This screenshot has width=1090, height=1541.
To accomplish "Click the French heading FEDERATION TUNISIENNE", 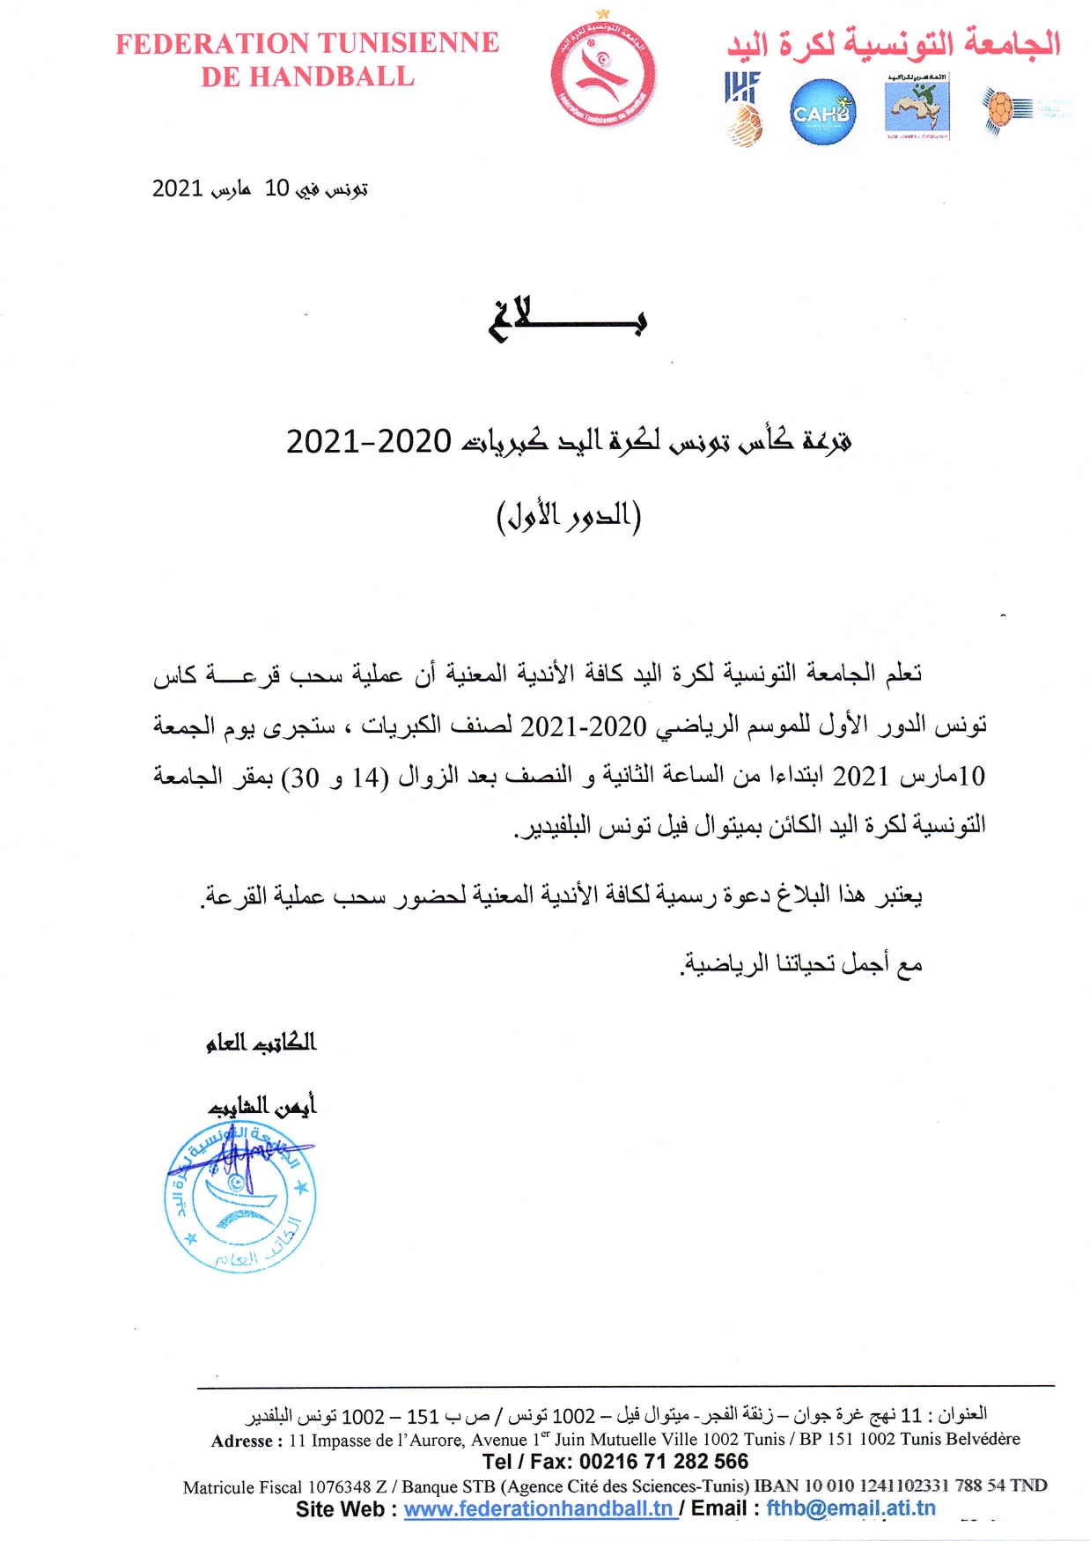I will [307, 43].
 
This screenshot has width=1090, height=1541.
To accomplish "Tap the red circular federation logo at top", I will [603, 74].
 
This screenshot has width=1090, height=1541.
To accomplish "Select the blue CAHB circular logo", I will [822, 113].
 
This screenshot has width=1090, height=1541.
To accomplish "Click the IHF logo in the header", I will [742, 107].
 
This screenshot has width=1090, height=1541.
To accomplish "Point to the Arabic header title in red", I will [893, 43].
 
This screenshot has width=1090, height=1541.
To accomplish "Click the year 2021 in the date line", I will [178, 188].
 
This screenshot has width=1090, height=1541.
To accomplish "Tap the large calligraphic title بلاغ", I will [568, 319].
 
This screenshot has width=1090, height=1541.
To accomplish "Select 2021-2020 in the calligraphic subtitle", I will [369, 441].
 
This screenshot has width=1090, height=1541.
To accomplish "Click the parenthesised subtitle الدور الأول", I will [569, 516].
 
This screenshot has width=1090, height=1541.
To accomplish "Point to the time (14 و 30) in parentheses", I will [335, 778].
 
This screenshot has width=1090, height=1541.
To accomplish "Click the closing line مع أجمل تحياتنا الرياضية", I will [801, 964].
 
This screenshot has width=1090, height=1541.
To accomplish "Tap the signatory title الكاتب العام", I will [261, 1043].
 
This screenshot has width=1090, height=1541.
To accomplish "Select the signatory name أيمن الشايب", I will [262, 1106].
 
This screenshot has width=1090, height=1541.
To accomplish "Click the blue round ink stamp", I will [240, 1198].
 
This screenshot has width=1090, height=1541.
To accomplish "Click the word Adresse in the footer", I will [246, 1441].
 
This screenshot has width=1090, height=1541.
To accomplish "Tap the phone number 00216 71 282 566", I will [664, 1462].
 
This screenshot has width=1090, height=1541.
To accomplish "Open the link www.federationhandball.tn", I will [539, 1508].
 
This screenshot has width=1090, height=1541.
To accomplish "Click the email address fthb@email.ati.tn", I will [851, 1508].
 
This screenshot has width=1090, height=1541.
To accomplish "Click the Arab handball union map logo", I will [917, 107].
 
